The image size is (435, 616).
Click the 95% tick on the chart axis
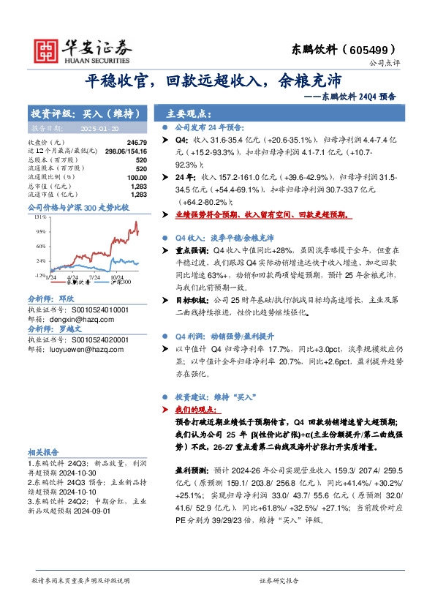click(40, 230)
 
